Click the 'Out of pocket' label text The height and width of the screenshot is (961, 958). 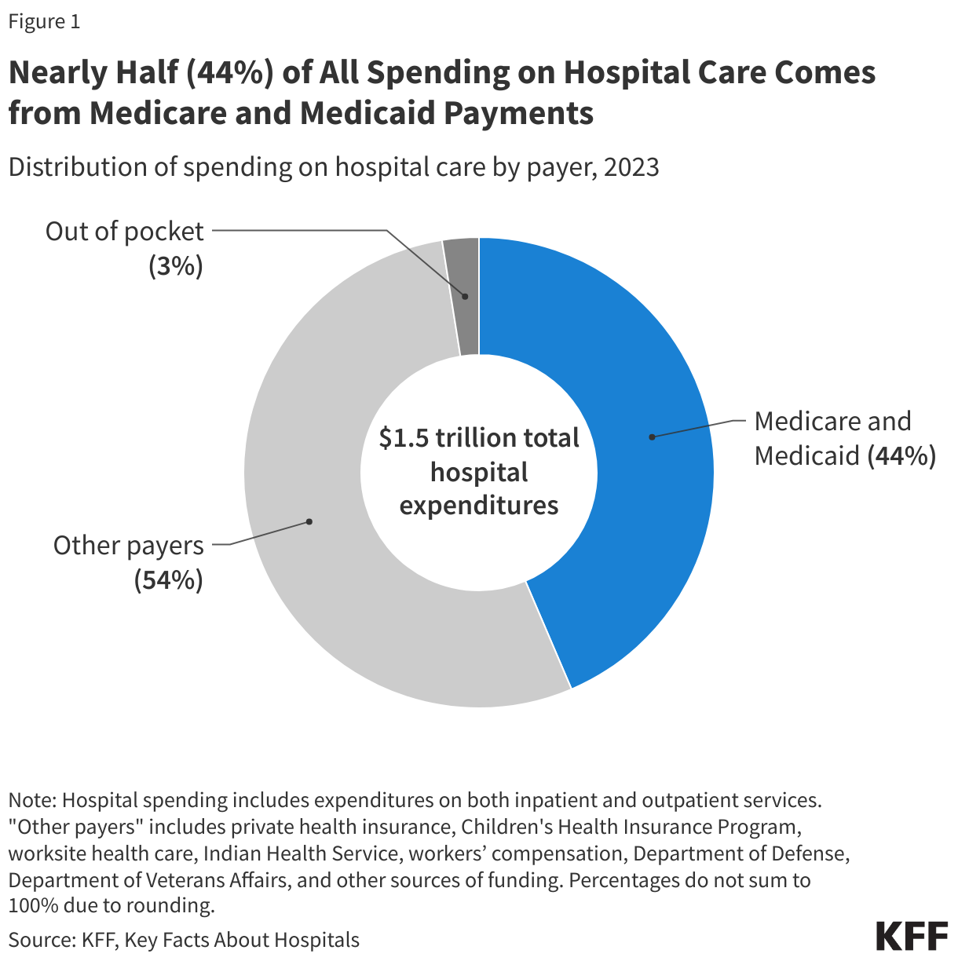124,232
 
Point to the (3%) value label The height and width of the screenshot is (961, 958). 176,267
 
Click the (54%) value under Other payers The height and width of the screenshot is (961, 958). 168,580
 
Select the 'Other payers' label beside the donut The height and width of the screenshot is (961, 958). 128,546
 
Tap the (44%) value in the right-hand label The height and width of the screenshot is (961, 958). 901,455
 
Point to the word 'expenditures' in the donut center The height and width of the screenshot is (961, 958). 479,505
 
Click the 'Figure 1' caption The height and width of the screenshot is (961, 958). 44,22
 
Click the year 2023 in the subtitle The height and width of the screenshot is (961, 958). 631,167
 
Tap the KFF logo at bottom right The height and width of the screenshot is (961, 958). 912,937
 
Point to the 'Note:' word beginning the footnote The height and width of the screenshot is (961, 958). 32,800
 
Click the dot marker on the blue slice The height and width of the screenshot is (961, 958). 652,437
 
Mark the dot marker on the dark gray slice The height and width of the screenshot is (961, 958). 465,297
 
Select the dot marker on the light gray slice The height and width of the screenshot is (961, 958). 309,521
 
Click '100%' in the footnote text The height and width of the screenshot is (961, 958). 28,905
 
